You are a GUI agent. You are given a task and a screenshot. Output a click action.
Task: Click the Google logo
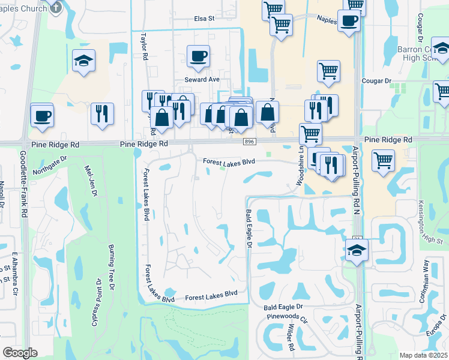pyautogui.click(x=20, y=353)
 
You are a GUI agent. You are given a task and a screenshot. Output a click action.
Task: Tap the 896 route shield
pyautogui.click(x=249, y=142)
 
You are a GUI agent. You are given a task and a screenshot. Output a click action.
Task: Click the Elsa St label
pyautogui.click(x=204, y=19)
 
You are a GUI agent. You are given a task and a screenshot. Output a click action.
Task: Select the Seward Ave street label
pyautogui.click(x=202, y=80)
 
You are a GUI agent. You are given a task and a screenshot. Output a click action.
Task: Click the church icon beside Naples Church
pyautogui.click(x=56, y=7)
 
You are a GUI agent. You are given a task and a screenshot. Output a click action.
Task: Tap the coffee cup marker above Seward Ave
pyautogui.click(x=198, y=57)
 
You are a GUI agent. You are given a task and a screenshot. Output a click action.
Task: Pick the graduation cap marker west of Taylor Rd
pyautogui.click(x=83, y=60)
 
